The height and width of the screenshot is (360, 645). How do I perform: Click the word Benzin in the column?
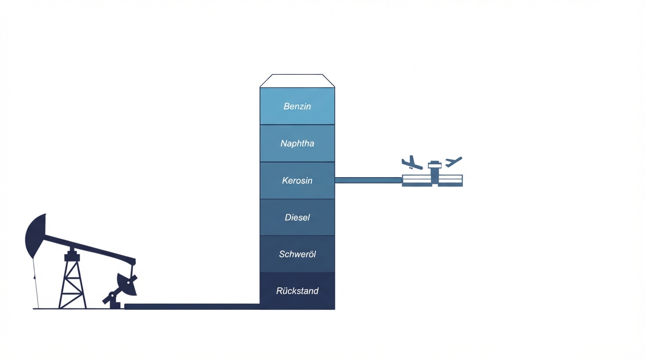pos(297,106)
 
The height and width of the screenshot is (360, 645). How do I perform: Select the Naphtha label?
pos(297,143)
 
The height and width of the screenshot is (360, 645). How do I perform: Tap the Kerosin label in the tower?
pos(297,180)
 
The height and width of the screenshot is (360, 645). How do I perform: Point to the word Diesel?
pos(297,217)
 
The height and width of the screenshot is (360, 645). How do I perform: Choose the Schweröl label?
pos(297,254)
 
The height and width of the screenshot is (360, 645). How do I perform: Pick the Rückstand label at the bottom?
pos(297,291)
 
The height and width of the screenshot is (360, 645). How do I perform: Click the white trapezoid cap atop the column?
pos(297,81)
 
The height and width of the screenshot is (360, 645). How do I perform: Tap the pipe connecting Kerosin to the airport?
pos(368,180)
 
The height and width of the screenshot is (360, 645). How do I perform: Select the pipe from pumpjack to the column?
pos(192,307)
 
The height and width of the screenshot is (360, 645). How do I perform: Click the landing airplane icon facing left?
pos(411,163)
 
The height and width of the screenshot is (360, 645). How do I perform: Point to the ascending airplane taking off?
pos(453,162)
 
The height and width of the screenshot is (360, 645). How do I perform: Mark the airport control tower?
pos(435,172)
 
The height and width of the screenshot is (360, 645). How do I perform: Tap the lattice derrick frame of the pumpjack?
pos(72,281)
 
